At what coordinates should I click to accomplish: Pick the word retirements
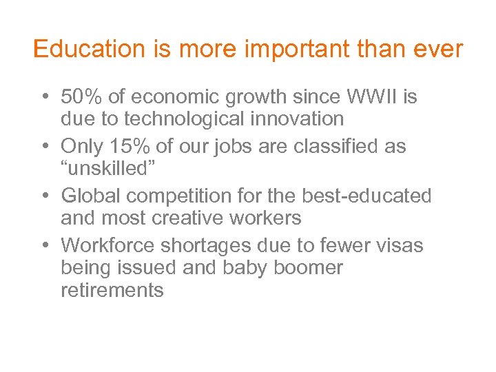[x=112, y=290]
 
